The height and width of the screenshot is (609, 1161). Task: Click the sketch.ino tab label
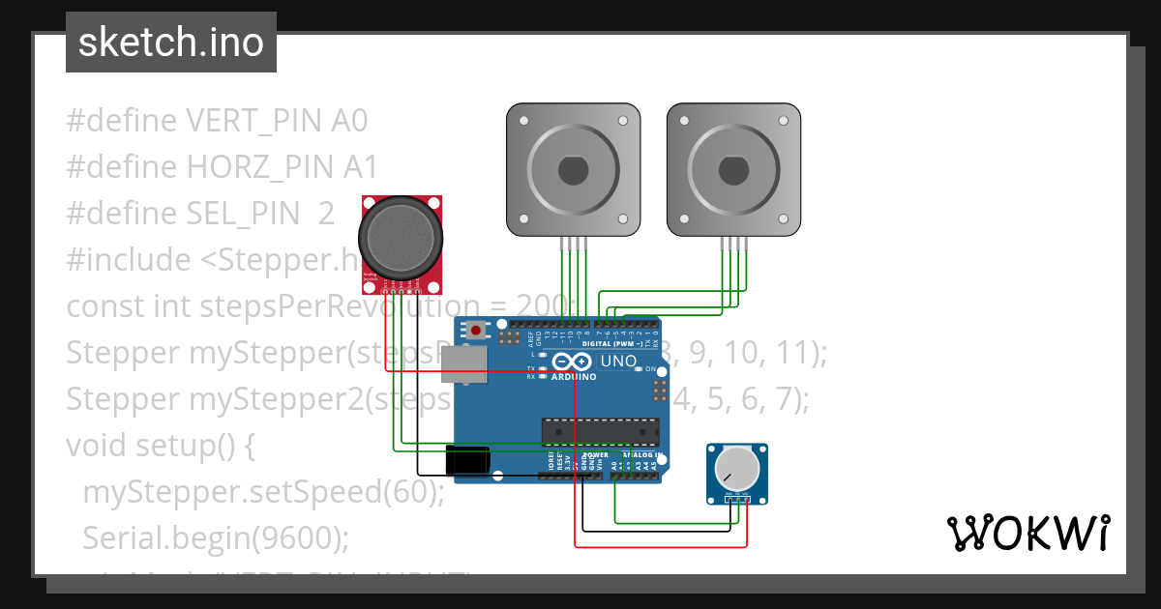[x=170, y=43]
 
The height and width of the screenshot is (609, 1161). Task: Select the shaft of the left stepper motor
[x=574, y=170]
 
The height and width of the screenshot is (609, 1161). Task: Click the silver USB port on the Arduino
[x=464, y=365]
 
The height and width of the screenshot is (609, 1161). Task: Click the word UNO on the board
[x=619, y=362]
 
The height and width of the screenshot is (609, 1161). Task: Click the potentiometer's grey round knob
[x=736, y=468]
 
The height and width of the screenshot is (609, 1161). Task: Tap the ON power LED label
[x=651, y=370]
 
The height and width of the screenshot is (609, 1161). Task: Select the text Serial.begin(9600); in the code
[x=215, y=537]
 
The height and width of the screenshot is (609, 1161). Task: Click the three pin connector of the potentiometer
[x=738, y=498]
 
